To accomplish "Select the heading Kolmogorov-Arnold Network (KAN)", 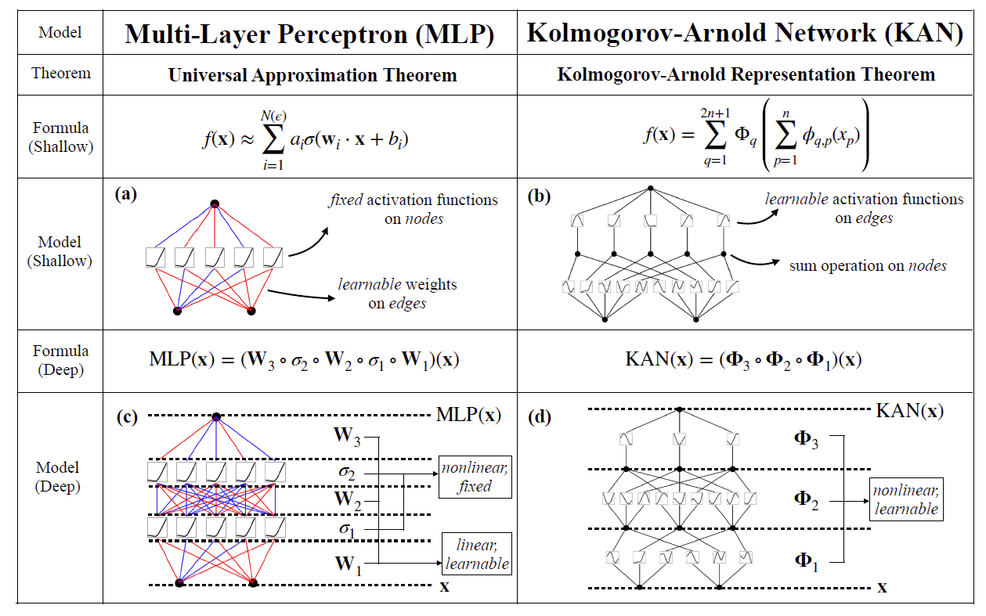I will [745, 33].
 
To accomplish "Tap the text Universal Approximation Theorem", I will [312, 75].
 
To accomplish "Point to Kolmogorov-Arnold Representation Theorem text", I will [746, 75].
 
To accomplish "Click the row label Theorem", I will [61, 74].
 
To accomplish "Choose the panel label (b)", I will [540, 195].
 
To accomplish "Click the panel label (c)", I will [126, 416].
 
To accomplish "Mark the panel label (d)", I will [540, 416].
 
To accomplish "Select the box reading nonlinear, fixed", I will [475, 477].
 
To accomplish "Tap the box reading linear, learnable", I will [476, 554].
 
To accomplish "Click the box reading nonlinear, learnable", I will [905, 499].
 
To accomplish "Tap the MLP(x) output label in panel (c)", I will [468, 415].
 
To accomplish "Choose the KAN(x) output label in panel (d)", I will [908, 409].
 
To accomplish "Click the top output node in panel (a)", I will [215, 204].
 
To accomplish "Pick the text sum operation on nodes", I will [868, 266].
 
